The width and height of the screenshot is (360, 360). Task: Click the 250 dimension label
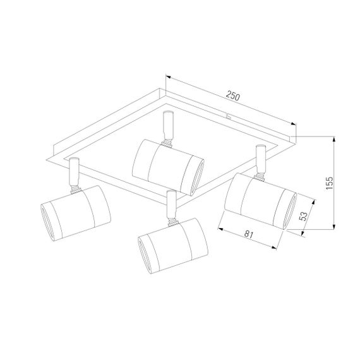(x=233, y=96)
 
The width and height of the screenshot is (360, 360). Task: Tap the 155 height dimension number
(x=329, y=183)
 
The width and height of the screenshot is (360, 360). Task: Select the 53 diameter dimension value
(x=304, y=216)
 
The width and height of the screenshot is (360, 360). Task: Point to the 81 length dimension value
(x=248, y=234)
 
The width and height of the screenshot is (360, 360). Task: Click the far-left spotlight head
(x=76, y=213)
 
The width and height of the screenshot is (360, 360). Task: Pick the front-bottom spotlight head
(x=173, y=246)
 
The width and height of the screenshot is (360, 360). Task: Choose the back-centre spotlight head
(x=168, y=167)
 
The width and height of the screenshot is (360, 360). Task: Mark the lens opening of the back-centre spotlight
(x=197, y=177)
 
